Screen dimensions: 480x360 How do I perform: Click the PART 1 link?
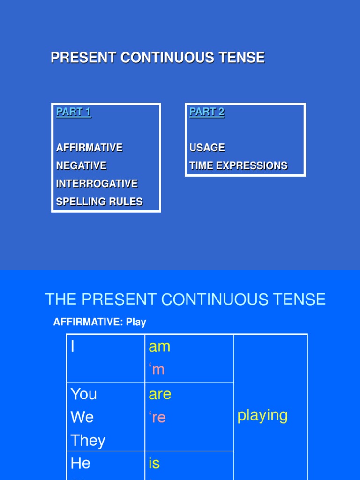pyautogui.click(x=73, y=112)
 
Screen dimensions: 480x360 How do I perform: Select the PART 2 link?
pyautogui.click(x=207, y=112)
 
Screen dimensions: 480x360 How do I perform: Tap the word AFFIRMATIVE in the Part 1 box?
pyautogui.click(x=89, y=148)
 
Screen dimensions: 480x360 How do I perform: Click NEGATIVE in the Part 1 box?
pyautogui.click(x=81, y=165)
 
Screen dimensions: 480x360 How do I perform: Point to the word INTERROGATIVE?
pyautogui.click(x=97, y=183)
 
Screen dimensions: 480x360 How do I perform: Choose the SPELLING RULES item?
pyautogui.click(x=99, y=202)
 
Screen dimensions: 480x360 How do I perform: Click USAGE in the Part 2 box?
pyautogui.click(x=207, y=148)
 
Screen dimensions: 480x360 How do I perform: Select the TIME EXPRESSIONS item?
pyautogui.click(x=238, y=165)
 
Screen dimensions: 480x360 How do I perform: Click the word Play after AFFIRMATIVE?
pyautogui.click(x=136, y=322)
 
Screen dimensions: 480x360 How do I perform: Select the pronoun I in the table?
pyautogui.click(x=73, y=346)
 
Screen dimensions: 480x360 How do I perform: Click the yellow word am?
pyautogui.click(x=159, y=346)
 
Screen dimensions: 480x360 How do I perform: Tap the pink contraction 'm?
pyautogui.click(x=157, y=369)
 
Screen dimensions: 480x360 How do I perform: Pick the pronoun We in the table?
pyautogui.click(x=82, y=417)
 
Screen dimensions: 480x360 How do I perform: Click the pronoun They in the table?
pyautogui.click(x=88, y=440)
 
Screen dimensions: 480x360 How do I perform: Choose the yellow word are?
pyautogui.click(x=160, y=394)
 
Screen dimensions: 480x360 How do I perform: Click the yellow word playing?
pyautogui.click(x=262, y=415)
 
